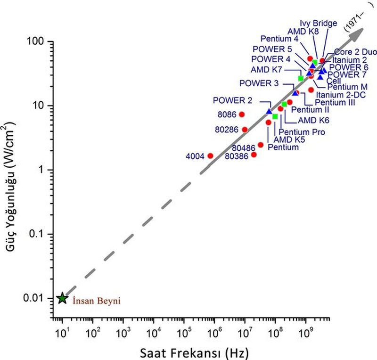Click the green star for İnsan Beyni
click(62, 298)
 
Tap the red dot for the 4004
click(210, 155)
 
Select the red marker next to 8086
click(242, 114)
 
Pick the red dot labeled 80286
click(245, 130)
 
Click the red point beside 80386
click(254, 155)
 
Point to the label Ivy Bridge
click(318, 23)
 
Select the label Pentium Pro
click(302, 132)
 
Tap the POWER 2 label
click(232, 100)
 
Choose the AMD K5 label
click(290, 139)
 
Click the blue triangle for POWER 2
click(269, 111)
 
